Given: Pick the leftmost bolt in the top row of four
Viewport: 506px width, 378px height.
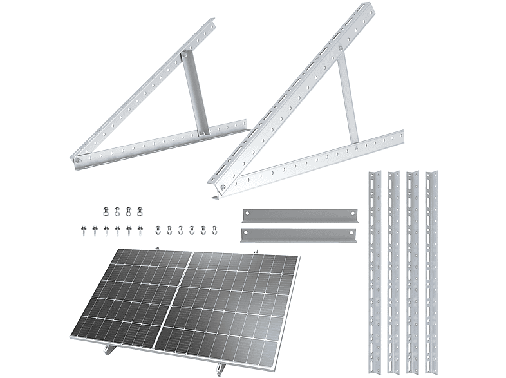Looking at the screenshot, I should click(x=106, y=210).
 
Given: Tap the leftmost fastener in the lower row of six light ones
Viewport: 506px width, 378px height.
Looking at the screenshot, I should click(x=159, y=229).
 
